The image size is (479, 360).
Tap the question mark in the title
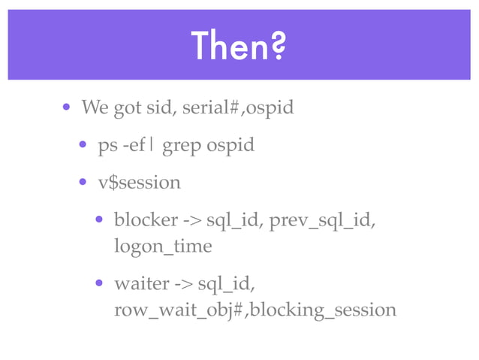[277, 47]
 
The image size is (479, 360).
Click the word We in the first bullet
[95, 108]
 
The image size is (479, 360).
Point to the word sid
[165, 108]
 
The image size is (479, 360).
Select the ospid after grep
[230, 145]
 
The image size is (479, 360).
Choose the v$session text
[139, 182]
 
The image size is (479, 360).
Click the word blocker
[146, 220]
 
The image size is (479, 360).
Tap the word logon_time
[162, 246]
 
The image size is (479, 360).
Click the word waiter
[141, 284]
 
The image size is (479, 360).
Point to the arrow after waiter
[184, 284]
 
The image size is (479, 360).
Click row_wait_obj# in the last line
[179, 309]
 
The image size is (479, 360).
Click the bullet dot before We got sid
[67, 107]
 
